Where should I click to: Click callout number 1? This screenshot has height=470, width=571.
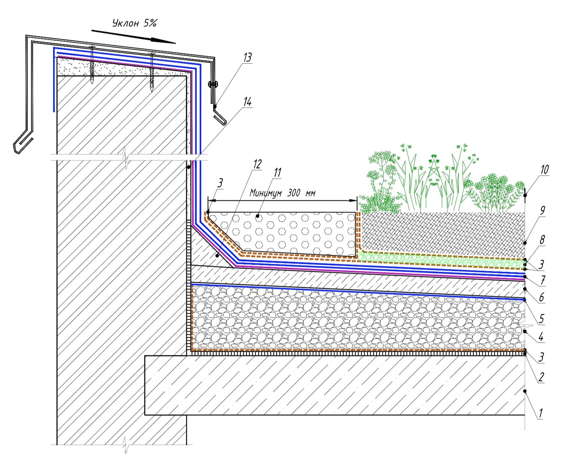point(540,414)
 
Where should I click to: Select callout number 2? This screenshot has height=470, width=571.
point(540,377)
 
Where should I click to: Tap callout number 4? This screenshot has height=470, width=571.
point(541,337)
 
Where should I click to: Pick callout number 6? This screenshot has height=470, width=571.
point(541,298)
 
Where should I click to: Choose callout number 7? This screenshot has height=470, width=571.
point(542,279)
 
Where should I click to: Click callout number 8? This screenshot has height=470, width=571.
point(542,239)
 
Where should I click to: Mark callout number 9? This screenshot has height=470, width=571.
point(543,211)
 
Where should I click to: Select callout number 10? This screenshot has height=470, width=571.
point(544,170)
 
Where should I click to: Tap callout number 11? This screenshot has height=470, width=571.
point(277,173)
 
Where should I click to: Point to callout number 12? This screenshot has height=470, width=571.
point(257,164)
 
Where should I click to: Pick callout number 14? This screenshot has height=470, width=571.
point(247,102)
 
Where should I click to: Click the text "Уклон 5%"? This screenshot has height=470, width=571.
point(134,23)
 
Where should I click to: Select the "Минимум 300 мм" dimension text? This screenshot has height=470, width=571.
point(282,193)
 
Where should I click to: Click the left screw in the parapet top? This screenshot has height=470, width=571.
point(92,64)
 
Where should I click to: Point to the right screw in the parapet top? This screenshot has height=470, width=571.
point(151,71)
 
